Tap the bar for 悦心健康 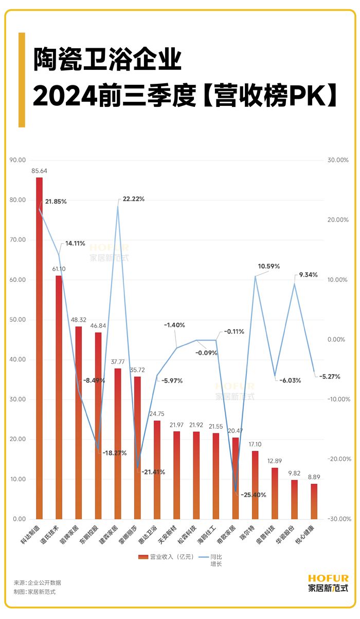pos(314,501)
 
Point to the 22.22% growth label pos(133,199)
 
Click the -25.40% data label pos(252,495)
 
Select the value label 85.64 pos(39,171)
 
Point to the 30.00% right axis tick pos(338,160)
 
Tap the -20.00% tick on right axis pos(337,459)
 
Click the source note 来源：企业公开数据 pos(38,582)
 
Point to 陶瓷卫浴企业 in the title pos(107,60)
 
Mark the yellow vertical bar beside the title pos(22,80)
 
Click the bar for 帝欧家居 pos(235,478)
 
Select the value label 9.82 pos(294,474)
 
